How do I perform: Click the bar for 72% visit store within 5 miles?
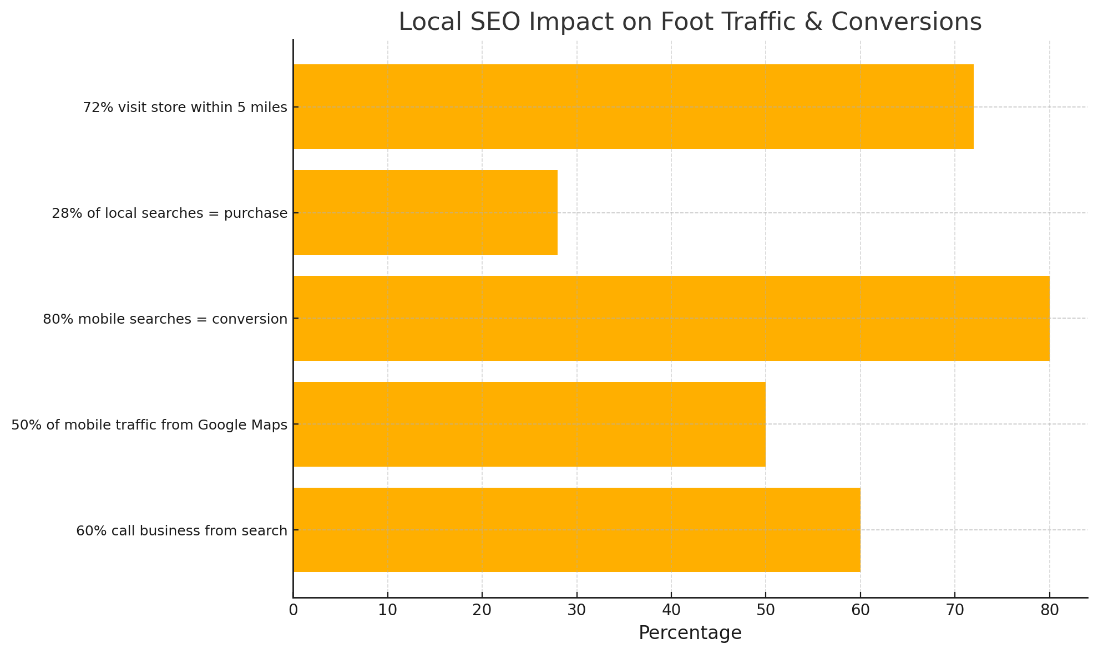click(633, 106)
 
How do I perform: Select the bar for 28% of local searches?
click(425, 212)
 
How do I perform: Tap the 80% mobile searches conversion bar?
click(671, 318)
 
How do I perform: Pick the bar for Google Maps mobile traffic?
click(529, 424)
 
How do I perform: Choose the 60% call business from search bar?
click(576, 530)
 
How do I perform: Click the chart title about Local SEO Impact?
click(690, 22)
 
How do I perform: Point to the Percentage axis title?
click(690, 632)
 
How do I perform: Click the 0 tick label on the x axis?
click(293, 610)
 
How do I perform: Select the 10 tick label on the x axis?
click(387, 610)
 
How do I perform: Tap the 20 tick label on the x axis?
click(482, 610)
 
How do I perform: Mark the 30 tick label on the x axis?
click(576, 610)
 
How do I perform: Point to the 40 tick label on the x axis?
click(671, 610)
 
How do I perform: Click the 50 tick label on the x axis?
click(766, 610)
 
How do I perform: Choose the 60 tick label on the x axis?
click(861, 610)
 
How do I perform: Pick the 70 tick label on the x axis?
click(955, 610)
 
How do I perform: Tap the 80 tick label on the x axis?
click(1050, 610)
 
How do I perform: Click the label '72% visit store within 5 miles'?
click(185, 107)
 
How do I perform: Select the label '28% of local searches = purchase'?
click(169, 213)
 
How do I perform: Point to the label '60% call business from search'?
click(181, 530)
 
